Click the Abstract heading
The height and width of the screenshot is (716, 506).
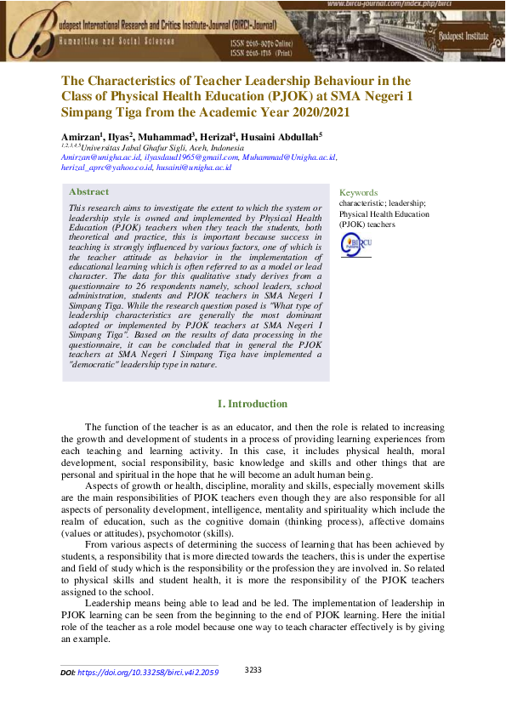coord(88,192)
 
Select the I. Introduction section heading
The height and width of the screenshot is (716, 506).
coord(253,404)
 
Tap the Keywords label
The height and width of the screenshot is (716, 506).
coord(358,193)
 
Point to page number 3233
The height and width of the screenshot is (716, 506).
coord(253,670)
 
